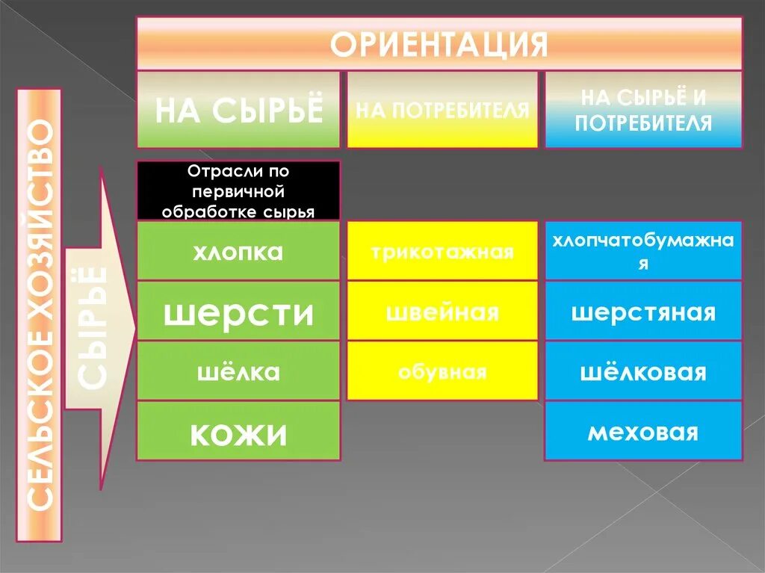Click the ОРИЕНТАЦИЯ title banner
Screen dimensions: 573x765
coord(439,44)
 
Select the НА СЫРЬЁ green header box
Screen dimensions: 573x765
coord(238,109)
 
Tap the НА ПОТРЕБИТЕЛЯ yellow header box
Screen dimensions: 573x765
coord(442,109)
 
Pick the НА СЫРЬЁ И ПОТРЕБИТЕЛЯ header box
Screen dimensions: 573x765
coord(643,109)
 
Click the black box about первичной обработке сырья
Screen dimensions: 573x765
coord(238,191)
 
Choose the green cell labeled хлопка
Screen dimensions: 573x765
coord(238,251)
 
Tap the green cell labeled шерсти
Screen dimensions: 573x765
coord(238,312)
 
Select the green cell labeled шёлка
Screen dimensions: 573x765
coord(238,371)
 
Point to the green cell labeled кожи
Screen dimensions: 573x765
coord(238,431)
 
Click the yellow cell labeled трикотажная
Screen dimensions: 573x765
coord(442,251)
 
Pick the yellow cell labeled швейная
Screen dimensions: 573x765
coord(442,312)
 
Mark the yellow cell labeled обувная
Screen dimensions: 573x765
coord(442,371)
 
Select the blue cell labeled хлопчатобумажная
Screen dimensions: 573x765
coord(643,251)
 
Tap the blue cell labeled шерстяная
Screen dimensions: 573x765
coord(643,312)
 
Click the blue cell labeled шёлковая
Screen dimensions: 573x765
coord(643,371)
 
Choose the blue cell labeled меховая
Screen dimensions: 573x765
coord(643,431)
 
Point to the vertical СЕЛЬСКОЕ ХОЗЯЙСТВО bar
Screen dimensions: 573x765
coord(40,314)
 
